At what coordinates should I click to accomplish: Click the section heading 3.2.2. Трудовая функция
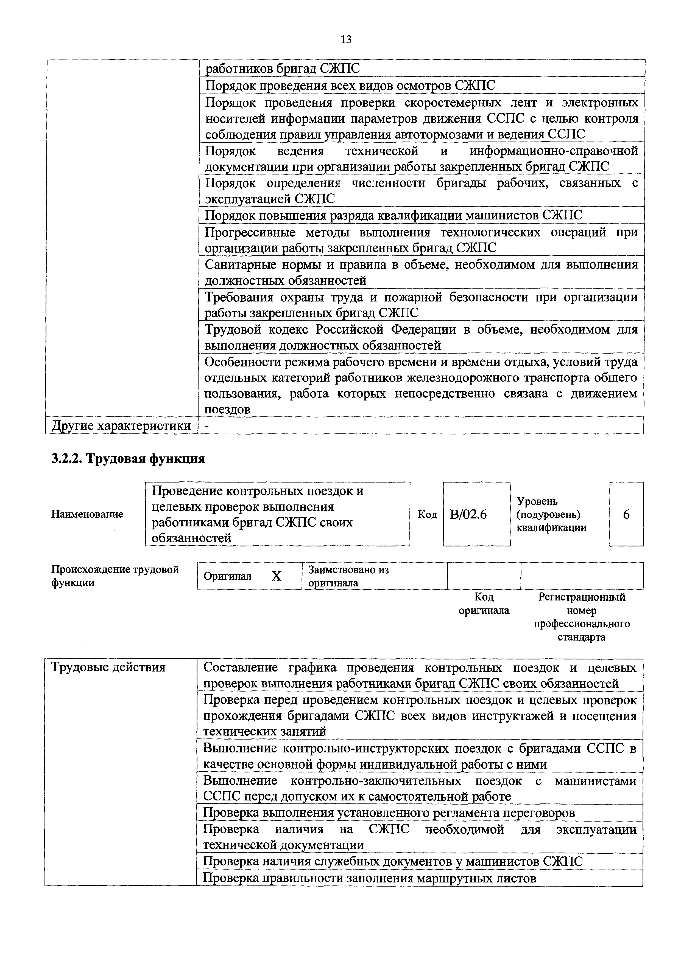coord(128,459)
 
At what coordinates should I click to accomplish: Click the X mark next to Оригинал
coord(276,577)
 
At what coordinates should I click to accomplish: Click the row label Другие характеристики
coord(121,426)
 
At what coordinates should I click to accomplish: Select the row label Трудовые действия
coord(108,667)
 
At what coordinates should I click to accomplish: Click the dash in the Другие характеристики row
coord(206,426)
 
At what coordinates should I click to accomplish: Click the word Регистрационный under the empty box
coord(582,597)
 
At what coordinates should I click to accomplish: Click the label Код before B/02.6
coord(427,515)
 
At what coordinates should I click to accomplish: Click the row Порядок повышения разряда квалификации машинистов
coord(393,215)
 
